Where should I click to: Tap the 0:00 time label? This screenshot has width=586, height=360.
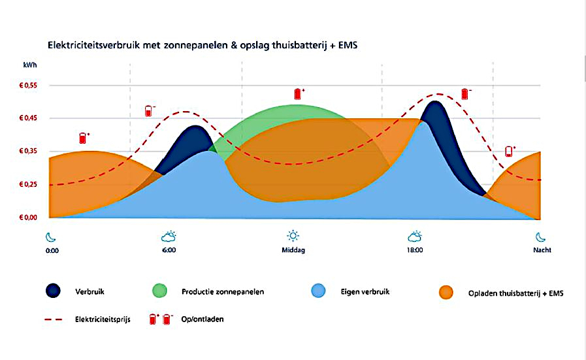(x=52, y=250)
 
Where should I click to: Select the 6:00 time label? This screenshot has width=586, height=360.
(x=169, y=250)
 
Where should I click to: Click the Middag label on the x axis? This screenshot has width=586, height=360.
(x=293, y=250)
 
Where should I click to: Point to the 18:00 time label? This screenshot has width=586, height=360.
(x=414, y=250)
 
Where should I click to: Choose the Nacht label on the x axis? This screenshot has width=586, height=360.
(x=542, y=250)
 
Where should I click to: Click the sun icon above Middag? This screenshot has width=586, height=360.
(x=293, y=236)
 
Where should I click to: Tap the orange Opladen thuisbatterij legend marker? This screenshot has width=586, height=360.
(x=447, y=292)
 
